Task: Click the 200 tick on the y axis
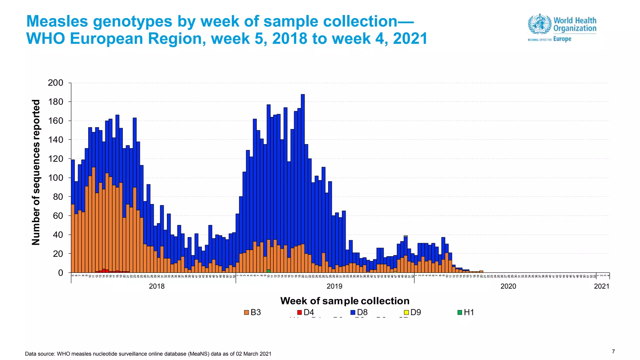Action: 55,83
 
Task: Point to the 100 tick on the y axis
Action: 55,178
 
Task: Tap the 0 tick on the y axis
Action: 60,273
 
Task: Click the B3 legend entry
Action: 252,312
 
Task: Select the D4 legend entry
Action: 306,312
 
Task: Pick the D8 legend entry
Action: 359,312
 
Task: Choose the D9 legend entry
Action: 412,312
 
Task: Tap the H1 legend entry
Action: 466,312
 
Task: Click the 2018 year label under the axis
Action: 157,286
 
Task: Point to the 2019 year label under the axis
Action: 334,286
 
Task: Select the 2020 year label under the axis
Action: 508,286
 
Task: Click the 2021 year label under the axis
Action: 602,286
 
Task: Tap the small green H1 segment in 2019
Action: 268,271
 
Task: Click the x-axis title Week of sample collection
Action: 345,301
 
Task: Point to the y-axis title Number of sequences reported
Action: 36,172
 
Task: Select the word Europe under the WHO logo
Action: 562,39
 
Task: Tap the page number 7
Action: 613,352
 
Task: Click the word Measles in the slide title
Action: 57,22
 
